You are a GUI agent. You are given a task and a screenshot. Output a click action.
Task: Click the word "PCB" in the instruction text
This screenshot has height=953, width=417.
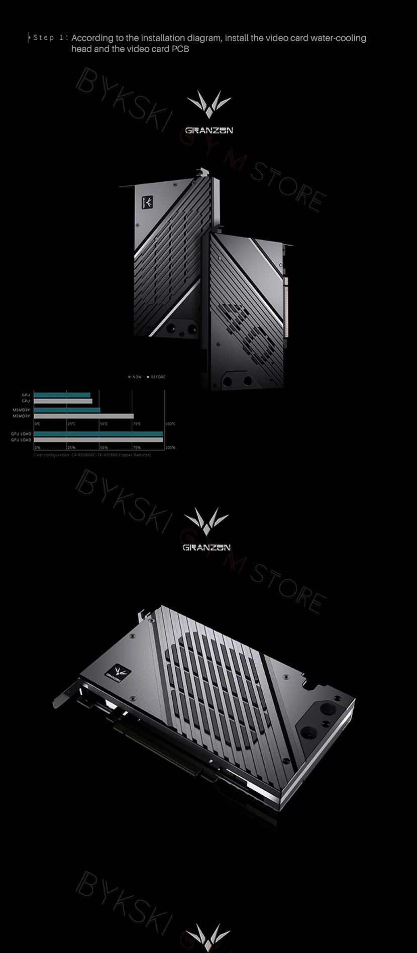coord(180,49)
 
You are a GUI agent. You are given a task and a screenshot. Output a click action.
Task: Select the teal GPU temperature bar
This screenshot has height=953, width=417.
coord(62,395)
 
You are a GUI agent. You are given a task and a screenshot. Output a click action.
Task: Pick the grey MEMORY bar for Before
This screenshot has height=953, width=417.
coord(83,416)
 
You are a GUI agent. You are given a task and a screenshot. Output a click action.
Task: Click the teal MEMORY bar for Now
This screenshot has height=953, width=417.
coord(67,410)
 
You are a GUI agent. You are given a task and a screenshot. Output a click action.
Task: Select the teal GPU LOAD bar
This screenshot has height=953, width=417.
coord(98,434)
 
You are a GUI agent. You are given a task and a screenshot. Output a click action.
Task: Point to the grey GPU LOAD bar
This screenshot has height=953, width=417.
coord(98,440)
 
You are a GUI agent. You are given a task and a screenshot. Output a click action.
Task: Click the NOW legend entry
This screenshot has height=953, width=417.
coord(135,377)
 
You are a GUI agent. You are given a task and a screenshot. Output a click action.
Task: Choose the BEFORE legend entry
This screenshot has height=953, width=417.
coord(156,377)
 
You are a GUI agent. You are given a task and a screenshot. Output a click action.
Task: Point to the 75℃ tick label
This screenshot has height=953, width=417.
coord(137,424)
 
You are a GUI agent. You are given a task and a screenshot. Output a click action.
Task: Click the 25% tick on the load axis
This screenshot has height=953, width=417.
coord(71,447)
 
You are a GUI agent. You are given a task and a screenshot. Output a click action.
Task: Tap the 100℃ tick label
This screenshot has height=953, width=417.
coord(170,424)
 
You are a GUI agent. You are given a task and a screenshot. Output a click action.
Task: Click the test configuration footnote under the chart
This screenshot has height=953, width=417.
coord(92,455)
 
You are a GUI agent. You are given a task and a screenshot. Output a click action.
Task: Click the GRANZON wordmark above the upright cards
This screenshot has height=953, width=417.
coord(209,131)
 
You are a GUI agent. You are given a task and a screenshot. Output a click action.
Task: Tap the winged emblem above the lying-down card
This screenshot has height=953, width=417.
coord(206,521)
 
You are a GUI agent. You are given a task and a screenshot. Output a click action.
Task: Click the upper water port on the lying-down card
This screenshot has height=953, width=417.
coord(328,710)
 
